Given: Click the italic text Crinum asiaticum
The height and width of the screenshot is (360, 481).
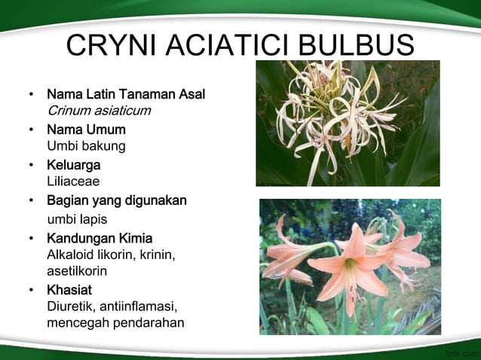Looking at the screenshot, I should [99, 111].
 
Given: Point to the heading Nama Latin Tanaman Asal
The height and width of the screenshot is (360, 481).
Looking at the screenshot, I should [126, 96].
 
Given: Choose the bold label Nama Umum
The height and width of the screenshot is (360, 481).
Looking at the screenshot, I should [86, 130].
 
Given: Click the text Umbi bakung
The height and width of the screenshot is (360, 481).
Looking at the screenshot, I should [86, 145].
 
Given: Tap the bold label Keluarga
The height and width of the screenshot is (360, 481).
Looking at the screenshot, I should [74, 164].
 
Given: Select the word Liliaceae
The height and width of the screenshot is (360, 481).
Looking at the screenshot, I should [73, 181].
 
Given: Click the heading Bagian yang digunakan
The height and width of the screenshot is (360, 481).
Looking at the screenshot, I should [117, 200].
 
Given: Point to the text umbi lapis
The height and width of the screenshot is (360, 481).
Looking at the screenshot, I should [77, 219].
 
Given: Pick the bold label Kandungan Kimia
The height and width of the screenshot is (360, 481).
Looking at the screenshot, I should [100, 239].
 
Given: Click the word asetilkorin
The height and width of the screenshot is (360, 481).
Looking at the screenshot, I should [77, 270].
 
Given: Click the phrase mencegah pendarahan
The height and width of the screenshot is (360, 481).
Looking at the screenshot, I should [115, 323].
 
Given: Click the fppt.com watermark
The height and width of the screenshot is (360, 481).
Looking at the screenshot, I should [461, 351].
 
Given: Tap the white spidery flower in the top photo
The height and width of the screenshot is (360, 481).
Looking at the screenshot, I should [332, 113].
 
